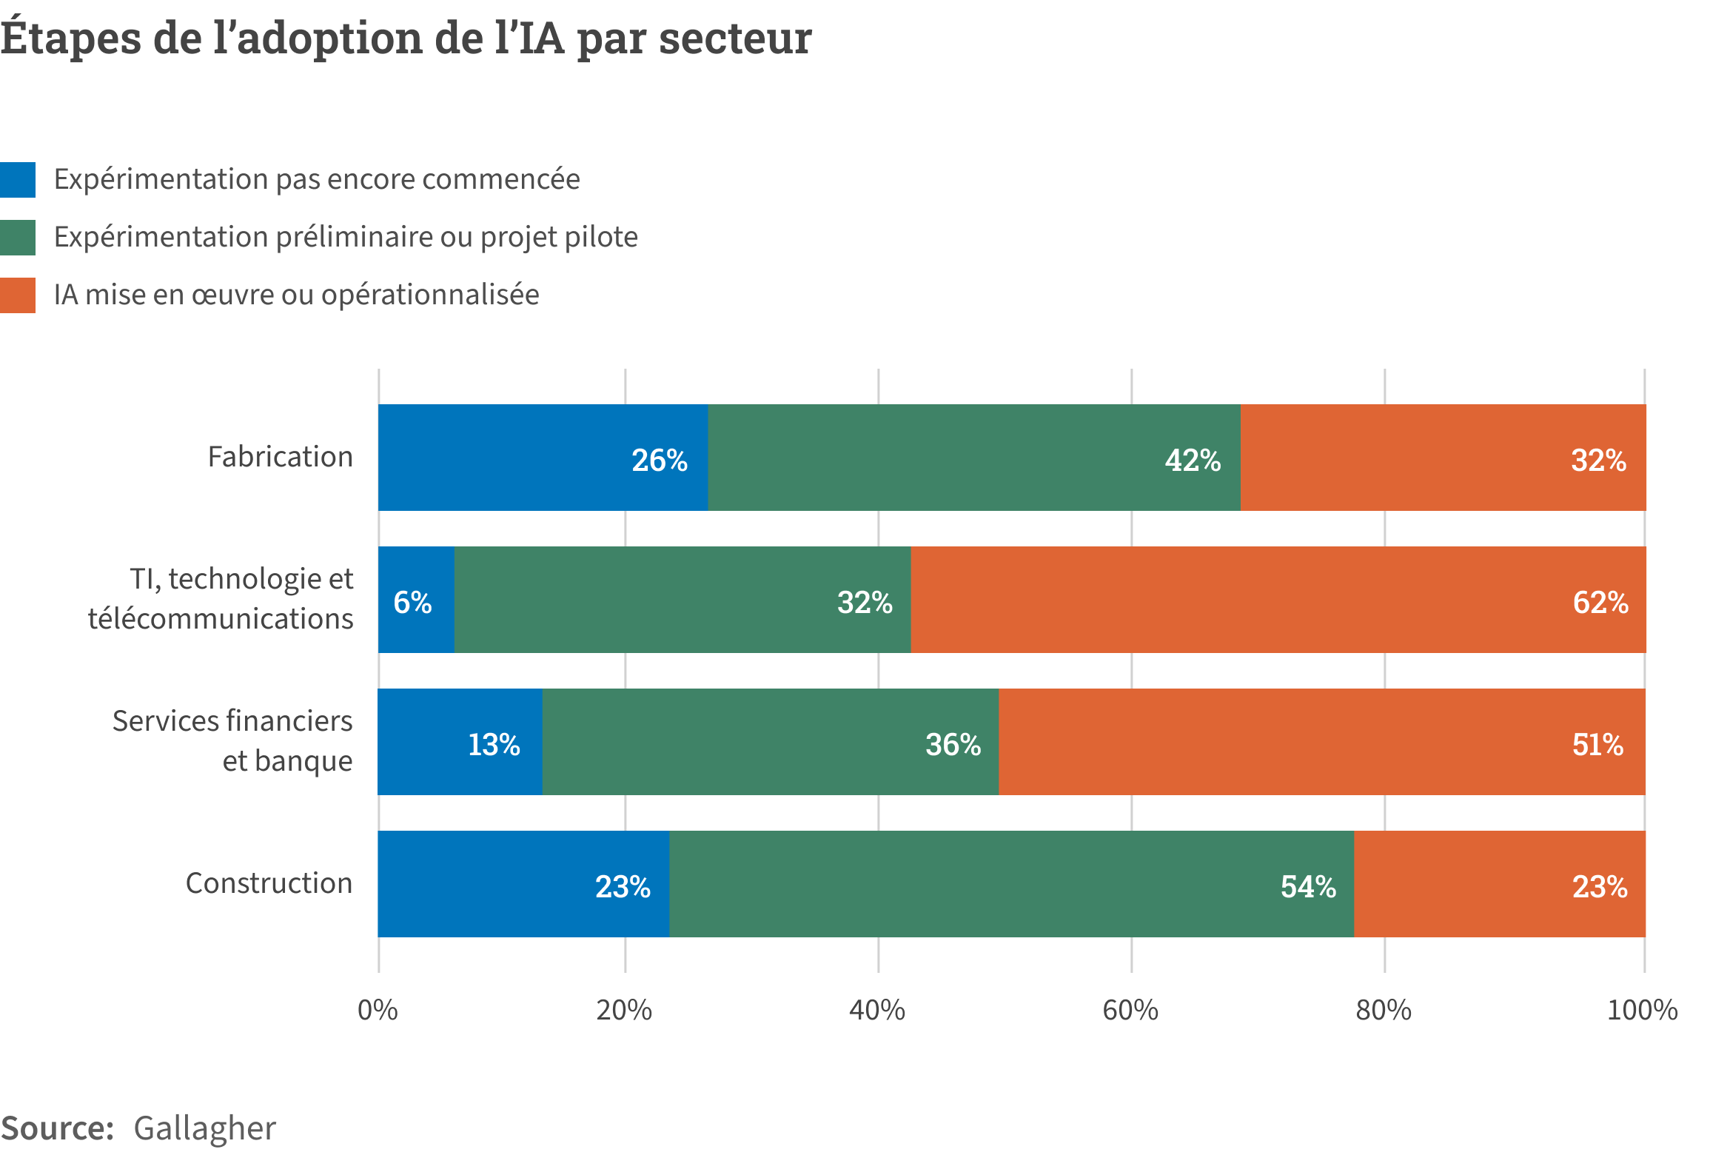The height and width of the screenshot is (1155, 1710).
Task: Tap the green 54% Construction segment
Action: (1011, 884)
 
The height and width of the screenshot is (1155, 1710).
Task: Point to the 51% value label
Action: (1597, 745)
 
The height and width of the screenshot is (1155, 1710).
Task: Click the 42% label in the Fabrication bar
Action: (1193, 461)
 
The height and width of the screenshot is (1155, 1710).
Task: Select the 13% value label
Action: (494, 745)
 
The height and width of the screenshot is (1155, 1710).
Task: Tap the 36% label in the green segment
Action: (953, 745)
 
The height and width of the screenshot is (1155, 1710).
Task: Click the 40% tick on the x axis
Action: (877, 1011)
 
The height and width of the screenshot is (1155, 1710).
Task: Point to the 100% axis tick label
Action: (1642, 1011)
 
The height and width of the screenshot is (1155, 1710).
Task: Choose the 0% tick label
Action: (378, 1011)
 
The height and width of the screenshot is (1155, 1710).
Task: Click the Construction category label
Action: (269, 883)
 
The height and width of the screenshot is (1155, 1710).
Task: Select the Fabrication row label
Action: (280, 457)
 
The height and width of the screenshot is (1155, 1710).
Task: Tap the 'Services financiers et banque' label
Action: (232, 741)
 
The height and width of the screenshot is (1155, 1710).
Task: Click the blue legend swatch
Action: (18, 180)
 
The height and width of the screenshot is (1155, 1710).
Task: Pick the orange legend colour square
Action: (18, 295)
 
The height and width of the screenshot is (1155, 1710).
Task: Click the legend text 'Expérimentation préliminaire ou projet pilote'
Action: (346, 238)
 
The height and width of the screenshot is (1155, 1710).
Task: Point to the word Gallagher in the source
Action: (204, 1128)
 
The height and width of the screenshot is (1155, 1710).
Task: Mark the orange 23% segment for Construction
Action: (1500, 884)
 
